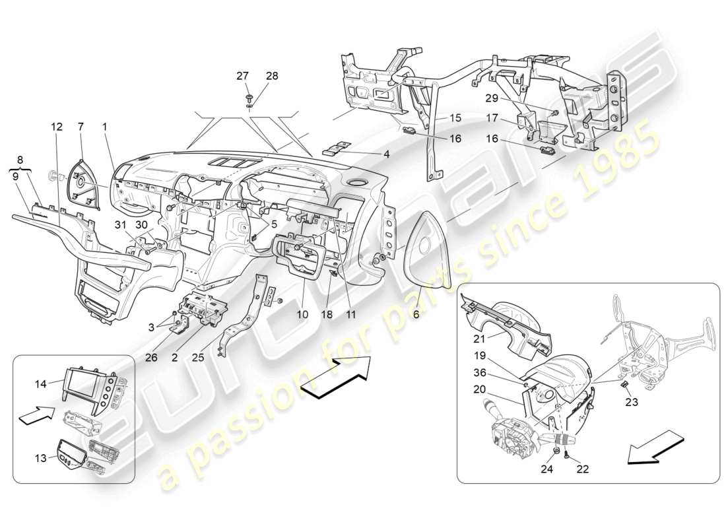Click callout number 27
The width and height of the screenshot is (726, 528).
[x=243, y=76]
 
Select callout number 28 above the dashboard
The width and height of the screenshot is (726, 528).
[x=271, y=76]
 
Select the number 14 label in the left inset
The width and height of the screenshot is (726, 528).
[x=40, y=383]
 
